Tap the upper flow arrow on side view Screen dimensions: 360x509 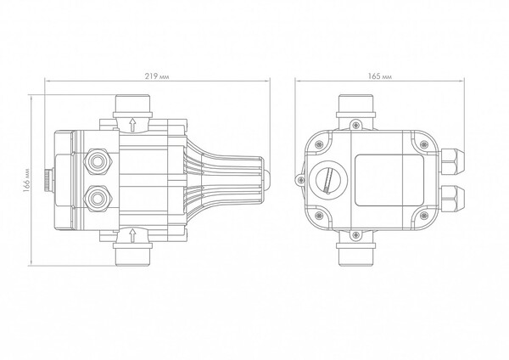tap(133, 124)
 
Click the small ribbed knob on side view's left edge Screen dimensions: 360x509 tap(45, 179)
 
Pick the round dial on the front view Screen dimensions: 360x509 tap(326, 177)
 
